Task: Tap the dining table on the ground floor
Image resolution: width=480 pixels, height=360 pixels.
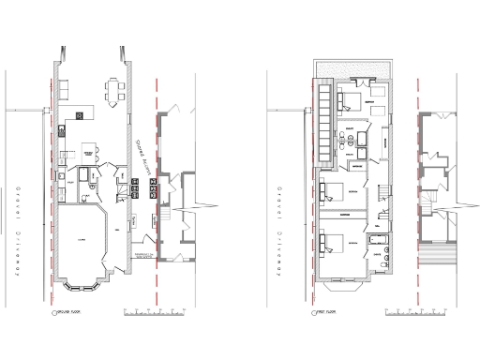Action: click(x=115, y=91)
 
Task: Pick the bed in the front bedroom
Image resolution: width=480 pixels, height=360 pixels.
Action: click(x=334, y=245)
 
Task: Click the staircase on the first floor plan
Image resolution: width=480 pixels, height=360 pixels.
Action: click(x=382, y=197)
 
